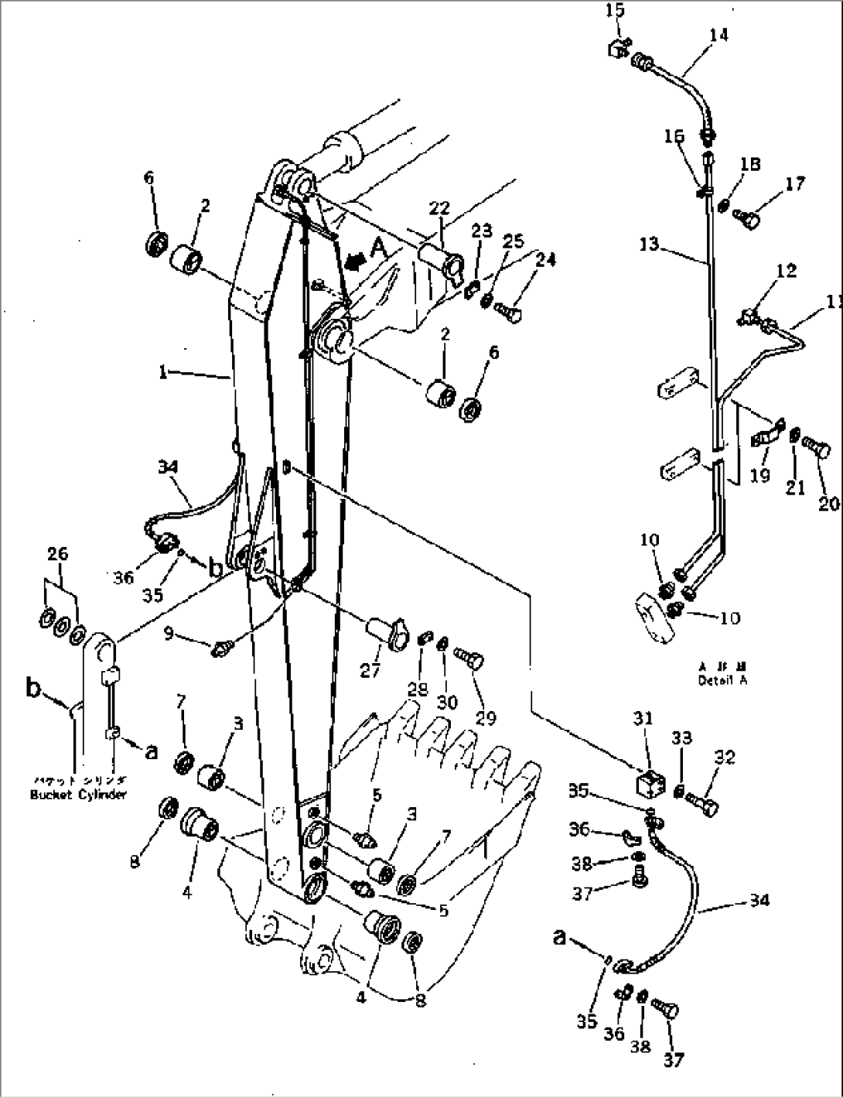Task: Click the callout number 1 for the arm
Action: click(x=163, y=373)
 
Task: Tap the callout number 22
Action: click(x=439, y=208)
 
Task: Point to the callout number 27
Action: click(x=370, y=670)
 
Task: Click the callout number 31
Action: click(x=643, y=719)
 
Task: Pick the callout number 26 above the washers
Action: click(x=57, y=553)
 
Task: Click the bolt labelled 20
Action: click(x=816, y=449)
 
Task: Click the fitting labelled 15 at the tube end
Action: click(x=616, y=48)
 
